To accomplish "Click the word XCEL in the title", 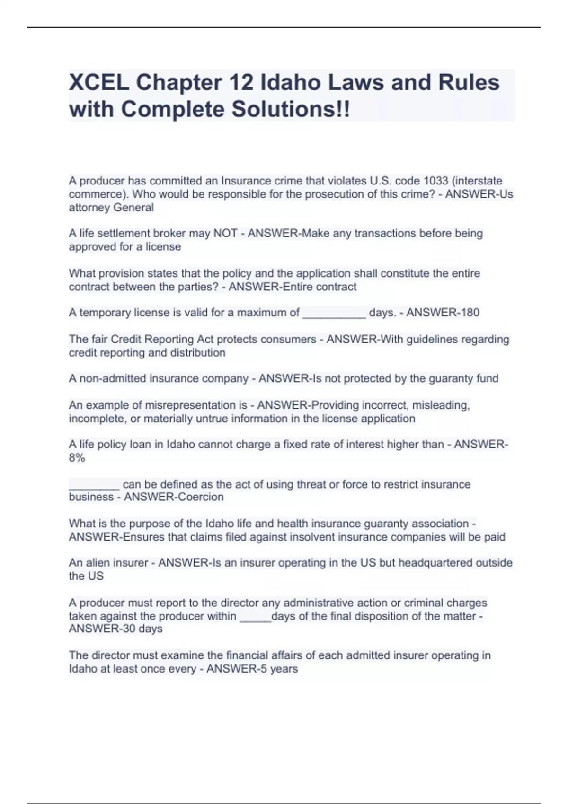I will click(98, 83).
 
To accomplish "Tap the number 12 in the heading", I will click(242, 83).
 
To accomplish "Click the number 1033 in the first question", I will click(435, 181).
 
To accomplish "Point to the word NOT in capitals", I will click(225, 233).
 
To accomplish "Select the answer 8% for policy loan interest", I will click(77, 458).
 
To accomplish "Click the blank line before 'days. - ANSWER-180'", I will click(334, 314).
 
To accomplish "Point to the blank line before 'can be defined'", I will click(94, 486).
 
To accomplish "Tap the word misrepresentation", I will click(190, 405).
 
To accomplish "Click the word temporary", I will click(105, 313).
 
